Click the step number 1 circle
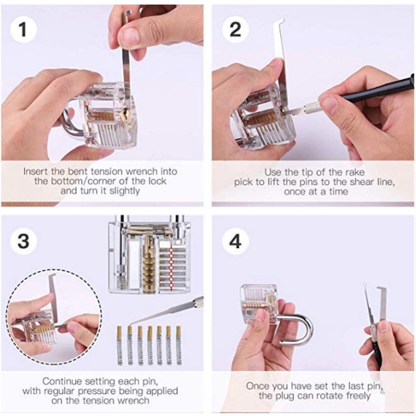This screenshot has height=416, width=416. point(23,30)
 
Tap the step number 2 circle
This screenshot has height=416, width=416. point(235,30)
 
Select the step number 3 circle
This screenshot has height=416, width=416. point(23,241)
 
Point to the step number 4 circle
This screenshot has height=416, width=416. point(235,241)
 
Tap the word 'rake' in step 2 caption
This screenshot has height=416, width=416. point(354,172)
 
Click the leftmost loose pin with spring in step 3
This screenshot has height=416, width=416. point(120,345)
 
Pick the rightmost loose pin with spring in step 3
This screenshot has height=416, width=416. point(179,345)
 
